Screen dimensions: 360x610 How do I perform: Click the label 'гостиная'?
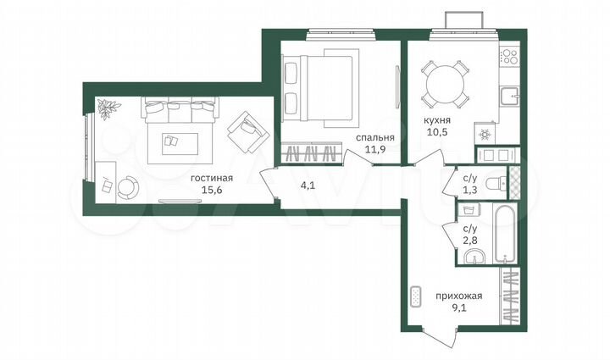tap(212, 178)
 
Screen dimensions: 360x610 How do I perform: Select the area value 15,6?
tap(212, 191)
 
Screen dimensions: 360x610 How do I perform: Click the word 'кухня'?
tap(436, 120)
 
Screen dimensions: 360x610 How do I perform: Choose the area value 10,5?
tap(436, 134)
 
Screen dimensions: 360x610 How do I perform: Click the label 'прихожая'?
tap(461, 296)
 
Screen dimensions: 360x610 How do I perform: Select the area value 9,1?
tap(461, 309)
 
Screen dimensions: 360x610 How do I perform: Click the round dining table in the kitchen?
tap(444, 83)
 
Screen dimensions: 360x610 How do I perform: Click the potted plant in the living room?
tap(108, 108)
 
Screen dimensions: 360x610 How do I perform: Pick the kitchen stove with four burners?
tap(509, 56)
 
